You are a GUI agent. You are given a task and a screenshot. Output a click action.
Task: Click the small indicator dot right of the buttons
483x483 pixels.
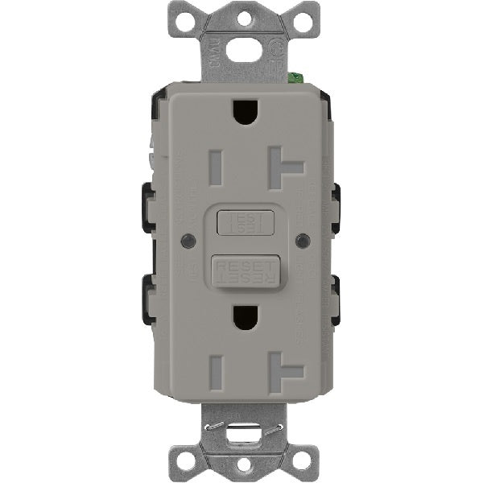click(303, 241)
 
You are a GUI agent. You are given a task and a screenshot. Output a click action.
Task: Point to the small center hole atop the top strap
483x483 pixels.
click(242, 14)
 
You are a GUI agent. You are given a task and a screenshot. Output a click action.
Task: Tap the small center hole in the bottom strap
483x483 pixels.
click(242, 469)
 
